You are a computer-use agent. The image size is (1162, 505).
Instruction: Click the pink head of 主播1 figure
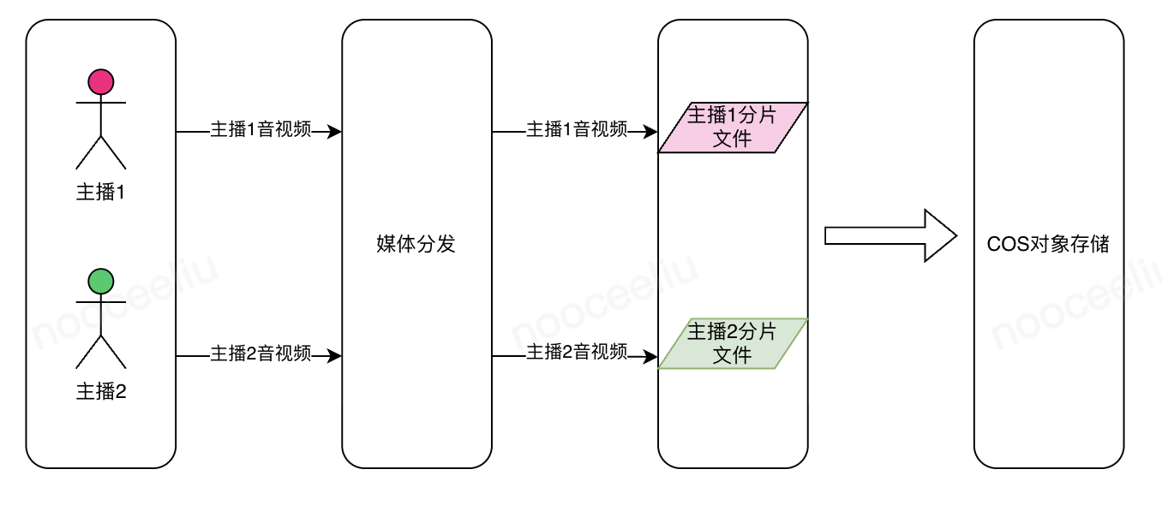[x=101, y=82]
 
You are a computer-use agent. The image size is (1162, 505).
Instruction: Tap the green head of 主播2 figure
[x=101, y=282]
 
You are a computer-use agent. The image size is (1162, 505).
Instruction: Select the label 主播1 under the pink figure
[x=101, y=193]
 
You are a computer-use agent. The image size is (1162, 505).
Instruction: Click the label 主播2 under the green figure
[x=101, y=392]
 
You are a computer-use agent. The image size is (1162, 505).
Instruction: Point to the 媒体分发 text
[x=416, y=244]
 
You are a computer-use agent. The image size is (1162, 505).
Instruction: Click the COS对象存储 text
[x=1048, y=244]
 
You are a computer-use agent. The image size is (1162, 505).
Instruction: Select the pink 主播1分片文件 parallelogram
[x=733, y=128]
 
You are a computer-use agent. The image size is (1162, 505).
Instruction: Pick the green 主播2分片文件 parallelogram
[x=733, y=343]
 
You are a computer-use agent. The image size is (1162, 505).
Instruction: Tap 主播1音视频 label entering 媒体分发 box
[x=261, y=132]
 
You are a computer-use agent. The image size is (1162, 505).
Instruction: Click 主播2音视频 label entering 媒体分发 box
[x=261, y=353]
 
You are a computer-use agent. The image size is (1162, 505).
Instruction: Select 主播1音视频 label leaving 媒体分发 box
[x=576, y=130]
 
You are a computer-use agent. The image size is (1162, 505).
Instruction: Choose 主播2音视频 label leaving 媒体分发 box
[x=576, y=352]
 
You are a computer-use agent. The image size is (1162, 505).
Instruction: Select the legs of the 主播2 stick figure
[x=101, y=352]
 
